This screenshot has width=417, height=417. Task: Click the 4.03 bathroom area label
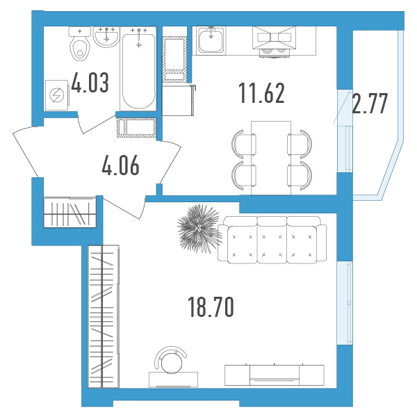coord(90,83)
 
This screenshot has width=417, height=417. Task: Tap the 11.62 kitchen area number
coord(262,93)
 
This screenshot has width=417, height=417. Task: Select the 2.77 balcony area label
coord(370,103)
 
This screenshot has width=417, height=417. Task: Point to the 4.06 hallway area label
coord(120,165)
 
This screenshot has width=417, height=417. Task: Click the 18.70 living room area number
coord(211,307)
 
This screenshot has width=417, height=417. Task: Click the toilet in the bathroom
coord(79,44)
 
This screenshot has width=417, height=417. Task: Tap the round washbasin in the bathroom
coord(106,38)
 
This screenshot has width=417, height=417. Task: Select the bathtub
coord(138,68)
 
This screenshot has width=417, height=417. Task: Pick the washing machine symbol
coord(56,95)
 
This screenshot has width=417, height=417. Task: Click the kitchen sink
coord(211,40)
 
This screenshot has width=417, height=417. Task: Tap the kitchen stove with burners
coord(274,42)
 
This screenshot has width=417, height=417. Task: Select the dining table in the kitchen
coord(271,158)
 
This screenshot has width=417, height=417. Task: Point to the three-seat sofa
coord(272,240)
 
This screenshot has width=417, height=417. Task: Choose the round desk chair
coord(170,360)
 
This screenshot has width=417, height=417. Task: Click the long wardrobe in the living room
coord(104,316)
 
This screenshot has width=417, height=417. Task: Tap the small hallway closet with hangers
coord(69,212)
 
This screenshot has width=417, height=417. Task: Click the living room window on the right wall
coord(345,303)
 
